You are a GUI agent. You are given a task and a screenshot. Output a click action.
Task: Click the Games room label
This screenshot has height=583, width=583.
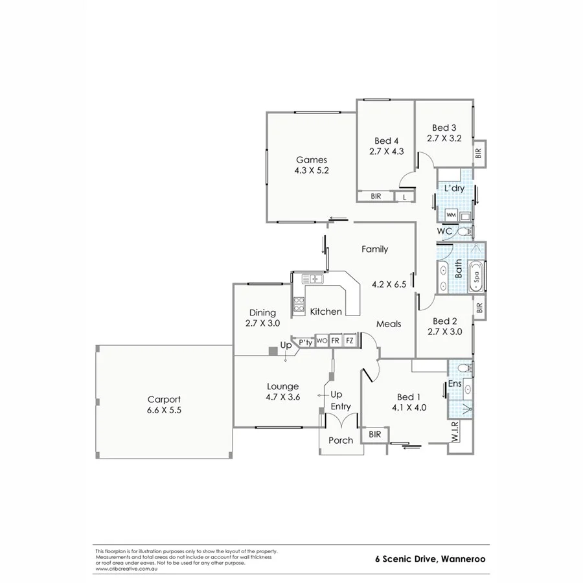point(312,160)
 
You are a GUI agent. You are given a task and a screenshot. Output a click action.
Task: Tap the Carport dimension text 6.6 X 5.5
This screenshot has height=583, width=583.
point(163,410)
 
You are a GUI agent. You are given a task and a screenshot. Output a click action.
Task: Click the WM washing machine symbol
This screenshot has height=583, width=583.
point(451,214)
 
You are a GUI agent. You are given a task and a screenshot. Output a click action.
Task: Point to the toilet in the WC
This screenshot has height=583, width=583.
point(463,231)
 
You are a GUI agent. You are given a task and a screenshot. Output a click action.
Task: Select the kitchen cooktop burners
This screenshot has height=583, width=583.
point(299,304)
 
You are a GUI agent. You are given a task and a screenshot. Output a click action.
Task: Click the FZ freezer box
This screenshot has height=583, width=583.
point(350,340)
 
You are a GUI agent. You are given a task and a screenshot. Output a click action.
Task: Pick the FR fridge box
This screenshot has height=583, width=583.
point(336,340)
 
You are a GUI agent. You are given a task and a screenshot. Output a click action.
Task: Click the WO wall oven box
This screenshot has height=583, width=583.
point(321,340)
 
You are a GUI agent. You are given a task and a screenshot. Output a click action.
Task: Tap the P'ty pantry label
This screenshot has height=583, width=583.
point(305,342)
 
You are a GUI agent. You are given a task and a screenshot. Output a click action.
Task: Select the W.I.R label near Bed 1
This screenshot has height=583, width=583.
point(455,433)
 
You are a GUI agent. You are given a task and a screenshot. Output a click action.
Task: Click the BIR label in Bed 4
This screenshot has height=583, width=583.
point(376,196)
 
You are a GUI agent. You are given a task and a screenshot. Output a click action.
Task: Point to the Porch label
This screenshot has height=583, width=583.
point(341,440)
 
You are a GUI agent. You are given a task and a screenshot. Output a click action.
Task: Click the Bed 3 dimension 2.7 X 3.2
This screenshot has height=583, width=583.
point(444,138)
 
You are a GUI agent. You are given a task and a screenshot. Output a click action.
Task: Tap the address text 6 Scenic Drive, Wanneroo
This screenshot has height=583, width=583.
point(431,558)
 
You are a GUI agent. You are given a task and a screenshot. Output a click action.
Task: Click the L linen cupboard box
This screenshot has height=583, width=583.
point(405,196)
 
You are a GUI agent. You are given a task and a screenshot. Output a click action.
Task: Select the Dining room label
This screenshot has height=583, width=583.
point(261,312)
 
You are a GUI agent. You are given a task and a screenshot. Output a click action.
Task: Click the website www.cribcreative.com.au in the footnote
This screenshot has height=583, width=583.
point(126,569)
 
